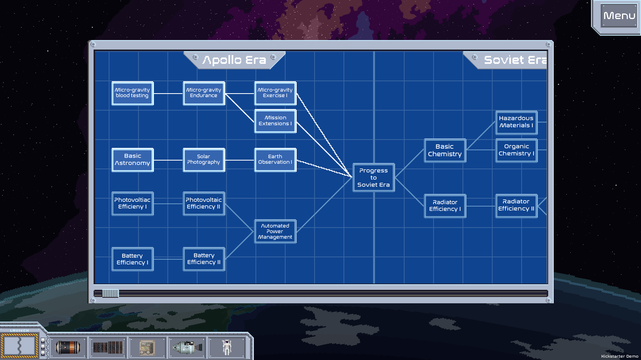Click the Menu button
point(619,16)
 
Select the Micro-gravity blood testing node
point(132,93)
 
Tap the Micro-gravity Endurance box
point(204,93)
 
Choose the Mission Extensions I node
point(275,121)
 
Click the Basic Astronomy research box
point(132,160)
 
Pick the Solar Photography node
point(204,160)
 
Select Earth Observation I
point(275,160)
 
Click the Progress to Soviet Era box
point(374,178)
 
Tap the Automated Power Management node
point(275,232)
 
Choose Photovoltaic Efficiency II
point(204,203)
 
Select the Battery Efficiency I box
point(132,259)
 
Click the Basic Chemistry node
point(445,150)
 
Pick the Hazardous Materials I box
point(516,122)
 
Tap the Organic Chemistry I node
point(516,150)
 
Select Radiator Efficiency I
point(445,206)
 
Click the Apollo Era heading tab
point(234,60)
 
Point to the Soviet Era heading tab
point(512,60)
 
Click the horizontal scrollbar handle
point(110,293)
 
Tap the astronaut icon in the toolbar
point(226,347)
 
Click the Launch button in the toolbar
point(19,346)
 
